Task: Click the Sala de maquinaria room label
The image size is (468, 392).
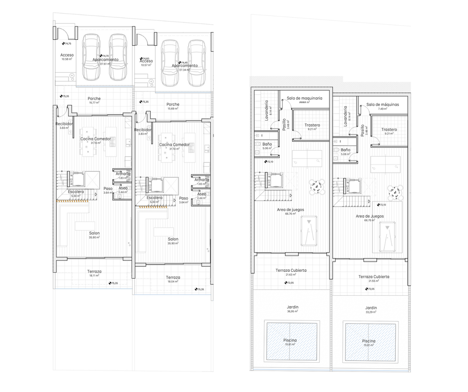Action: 304,98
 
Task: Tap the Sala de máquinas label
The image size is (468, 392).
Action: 383,105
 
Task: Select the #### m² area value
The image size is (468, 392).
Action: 304,103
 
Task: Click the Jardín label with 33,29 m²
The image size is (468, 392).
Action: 371,308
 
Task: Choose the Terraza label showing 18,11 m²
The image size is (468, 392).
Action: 95,271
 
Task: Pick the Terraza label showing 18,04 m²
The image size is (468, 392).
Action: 172,277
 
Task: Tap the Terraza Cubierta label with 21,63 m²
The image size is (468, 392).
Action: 291,270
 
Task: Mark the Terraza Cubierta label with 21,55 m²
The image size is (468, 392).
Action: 374,276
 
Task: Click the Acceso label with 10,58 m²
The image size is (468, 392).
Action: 67,55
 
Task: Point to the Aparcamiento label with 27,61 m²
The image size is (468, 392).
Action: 106,60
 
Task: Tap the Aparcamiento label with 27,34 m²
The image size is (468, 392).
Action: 185,66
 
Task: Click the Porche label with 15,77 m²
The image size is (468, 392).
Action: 95,98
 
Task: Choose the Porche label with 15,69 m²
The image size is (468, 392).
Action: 173,104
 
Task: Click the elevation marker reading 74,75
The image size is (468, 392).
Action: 66,43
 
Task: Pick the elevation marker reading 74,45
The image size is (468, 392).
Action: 183,63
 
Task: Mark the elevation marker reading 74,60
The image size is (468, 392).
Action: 145,58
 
